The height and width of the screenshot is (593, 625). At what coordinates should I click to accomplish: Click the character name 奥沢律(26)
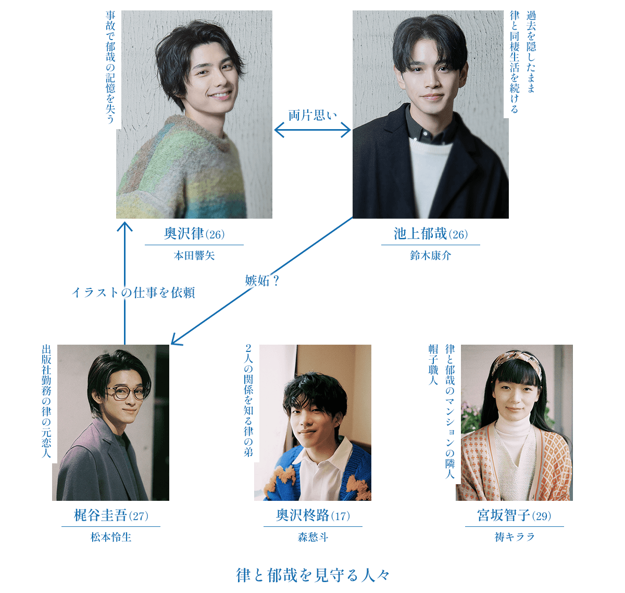[194, 234]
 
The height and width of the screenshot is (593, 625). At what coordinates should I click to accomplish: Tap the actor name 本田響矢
[194, 256]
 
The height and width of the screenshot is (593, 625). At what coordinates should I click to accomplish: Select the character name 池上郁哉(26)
[431, 234]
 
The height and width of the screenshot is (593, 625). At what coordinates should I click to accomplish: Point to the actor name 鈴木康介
[431, 256]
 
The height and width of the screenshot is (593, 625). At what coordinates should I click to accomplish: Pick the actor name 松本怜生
[111, 537]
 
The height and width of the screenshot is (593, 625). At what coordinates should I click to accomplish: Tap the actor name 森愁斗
[312, 537]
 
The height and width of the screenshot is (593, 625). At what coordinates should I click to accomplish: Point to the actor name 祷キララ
[514, 537]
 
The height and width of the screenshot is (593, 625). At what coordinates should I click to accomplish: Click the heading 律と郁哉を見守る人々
[312, 576]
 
